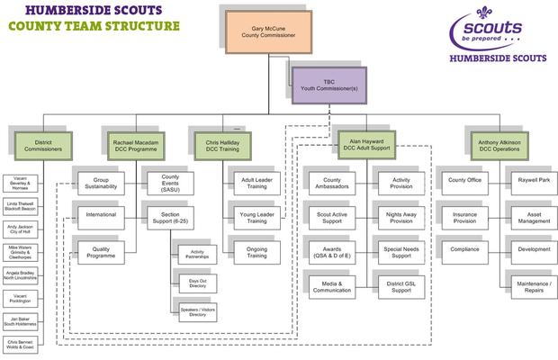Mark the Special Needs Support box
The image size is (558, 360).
click(x=401, y=249)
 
